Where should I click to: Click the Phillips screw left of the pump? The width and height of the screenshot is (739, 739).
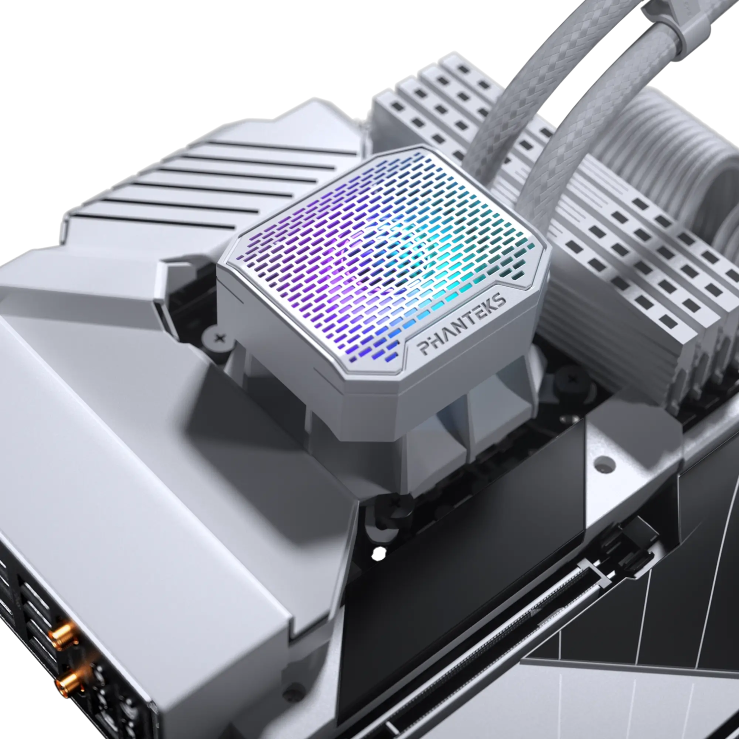click(215, 337)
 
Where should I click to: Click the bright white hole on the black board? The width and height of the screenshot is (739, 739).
click(378, 554)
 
